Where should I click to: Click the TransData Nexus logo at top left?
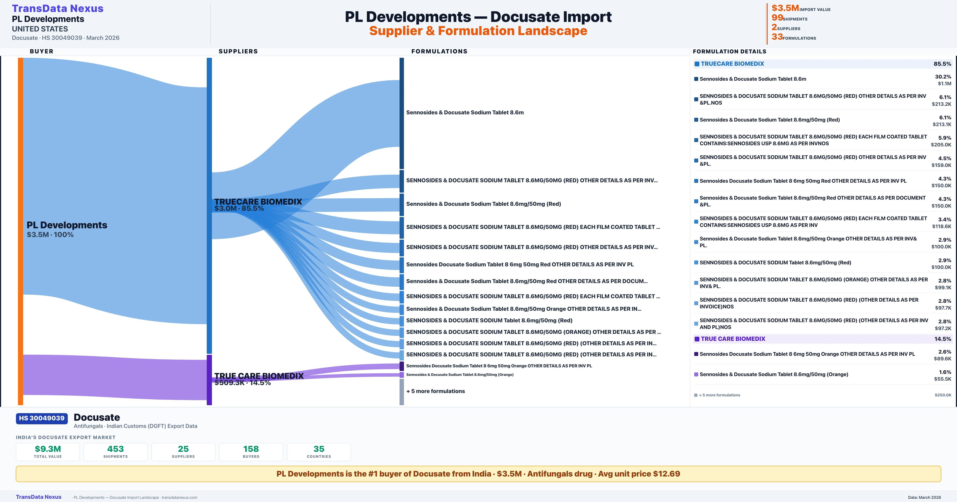[58, 9]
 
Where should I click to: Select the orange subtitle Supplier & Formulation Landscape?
[478, 31]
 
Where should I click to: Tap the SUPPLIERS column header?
[238, 51]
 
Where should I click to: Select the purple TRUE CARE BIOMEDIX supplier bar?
[209, 379]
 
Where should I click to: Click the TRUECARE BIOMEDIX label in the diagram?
[258, 202]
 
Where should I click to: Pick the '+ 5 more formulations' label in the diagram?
[435, 391]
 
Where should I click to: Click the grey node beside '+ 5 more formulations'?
[402, 392]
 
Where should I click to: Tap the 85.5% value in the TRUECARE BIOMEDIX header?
[942, 64]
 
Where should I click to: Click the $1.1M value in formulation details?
[944, 83]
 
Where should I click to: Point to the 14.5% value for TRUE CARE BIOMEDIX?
[942, 339]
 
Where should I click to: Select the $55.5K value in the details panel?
[942, 379]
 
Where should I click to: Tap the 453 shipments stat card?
[116, 452]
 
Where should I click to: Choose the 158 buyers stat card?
[251, 452]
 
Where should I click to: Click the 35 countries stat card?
[319, 452]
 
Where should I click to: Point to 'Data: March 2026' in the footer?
[924, 497]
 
